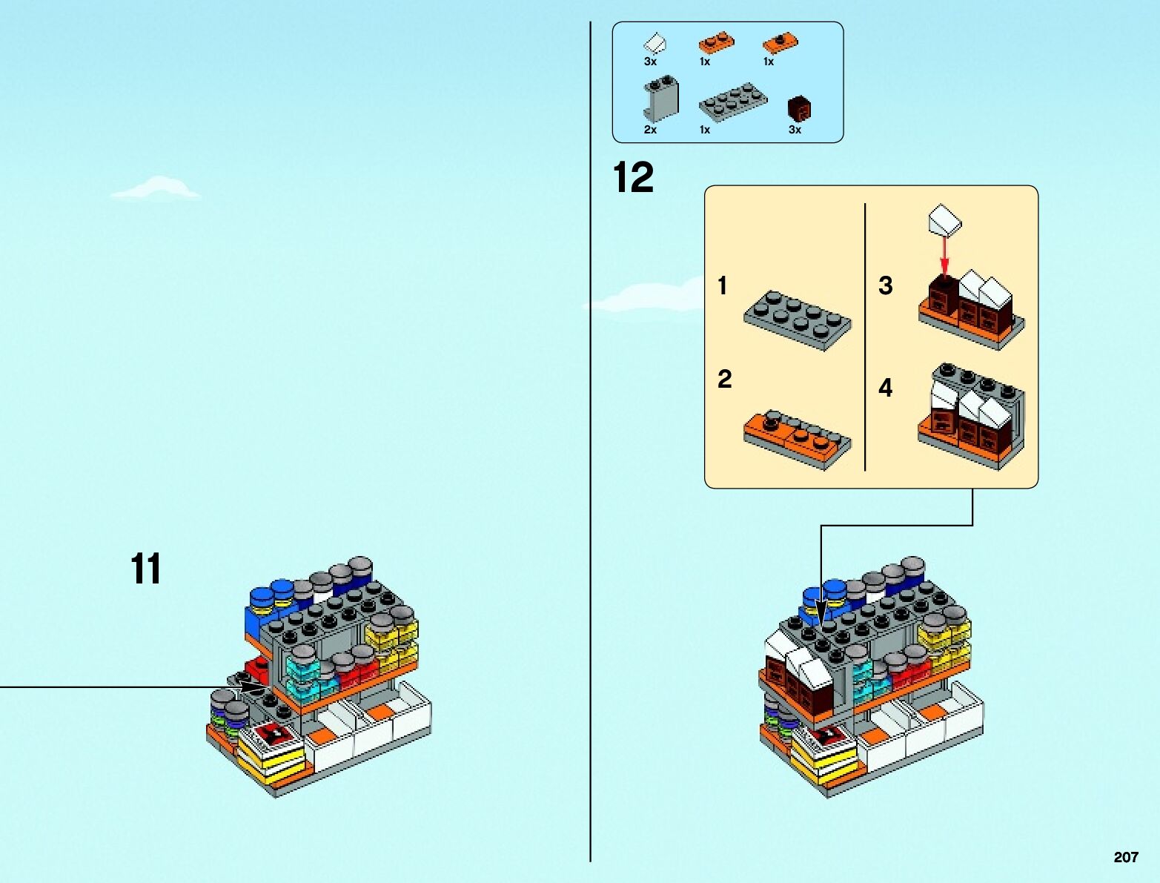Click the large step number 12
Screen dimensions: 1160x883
click(634, 179)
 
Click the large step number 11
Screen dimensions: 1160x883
click(146, 569)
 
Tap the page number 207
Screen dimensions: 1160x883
click(1125, 857)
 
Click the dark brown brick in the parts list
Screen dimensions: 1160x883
click(799, 108)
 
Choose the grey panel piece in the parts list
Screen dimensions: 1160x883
click(660, 99)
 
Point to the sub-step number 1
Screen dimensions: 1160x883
click(723, 286)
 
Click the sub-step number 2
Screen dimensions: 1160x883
click(724, 380)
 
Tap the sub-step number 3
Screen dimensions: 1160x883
click(885, 286)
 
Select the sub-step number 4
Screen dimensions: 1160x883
click(885, 388)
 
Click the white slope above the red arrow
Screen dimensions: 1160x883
click(944, 220)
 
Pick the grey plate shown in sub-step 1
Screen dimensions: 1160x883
click(798, 319)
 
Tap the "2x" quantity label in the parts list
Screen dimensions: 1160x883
click(650, 130)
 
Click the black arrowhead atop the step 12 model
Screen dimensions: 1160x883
click(821, 613)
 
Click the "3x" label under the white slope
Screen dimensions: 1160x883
click(650, 62)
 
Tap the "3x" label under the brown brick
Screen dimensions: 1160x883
click(795, 130)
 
